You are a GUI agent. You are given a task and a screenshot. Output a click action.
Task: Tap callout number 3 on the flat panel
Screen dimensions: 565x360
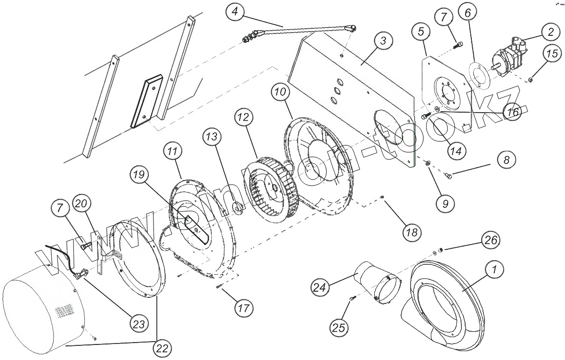[x=383, y=41]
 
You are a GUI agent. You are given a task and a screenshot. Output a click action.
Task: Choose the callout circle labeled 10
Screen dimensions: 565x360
[x=281, y=93]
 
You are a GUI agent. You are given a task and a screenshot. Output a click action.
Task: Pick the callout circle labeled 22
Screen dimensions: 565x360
[x=161, y=349]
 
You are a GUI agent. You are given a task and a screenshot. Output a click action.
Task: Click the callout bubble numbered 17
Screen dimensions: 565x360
[x=243, y=308]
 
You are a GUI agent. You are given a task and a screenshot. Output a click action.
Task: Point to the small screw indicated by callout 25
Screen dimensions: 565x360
[x=352, y=299]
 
